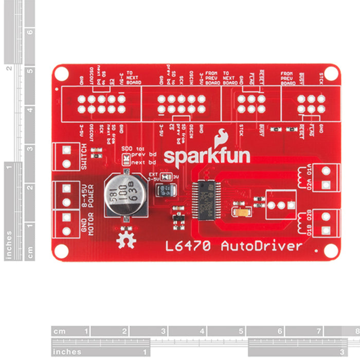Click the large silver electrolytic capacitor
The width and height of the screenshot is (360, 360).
[124, 195]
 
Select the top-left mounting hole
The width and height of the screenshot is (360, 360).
[61, 73]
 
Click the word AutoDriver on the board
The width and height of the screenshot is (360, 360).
[261, 246]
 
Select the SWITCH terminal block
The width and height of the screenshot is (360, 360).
[66, 157]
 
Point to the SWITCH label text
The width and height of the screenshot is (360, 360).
[84, 157]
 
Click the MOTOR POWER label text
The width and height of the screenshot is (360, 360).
[88, 210]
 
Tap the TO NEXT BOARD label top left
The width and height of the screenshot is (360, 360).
[133, 78]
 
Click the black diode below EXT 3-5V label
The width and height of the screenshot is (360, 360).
[167, 191]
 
